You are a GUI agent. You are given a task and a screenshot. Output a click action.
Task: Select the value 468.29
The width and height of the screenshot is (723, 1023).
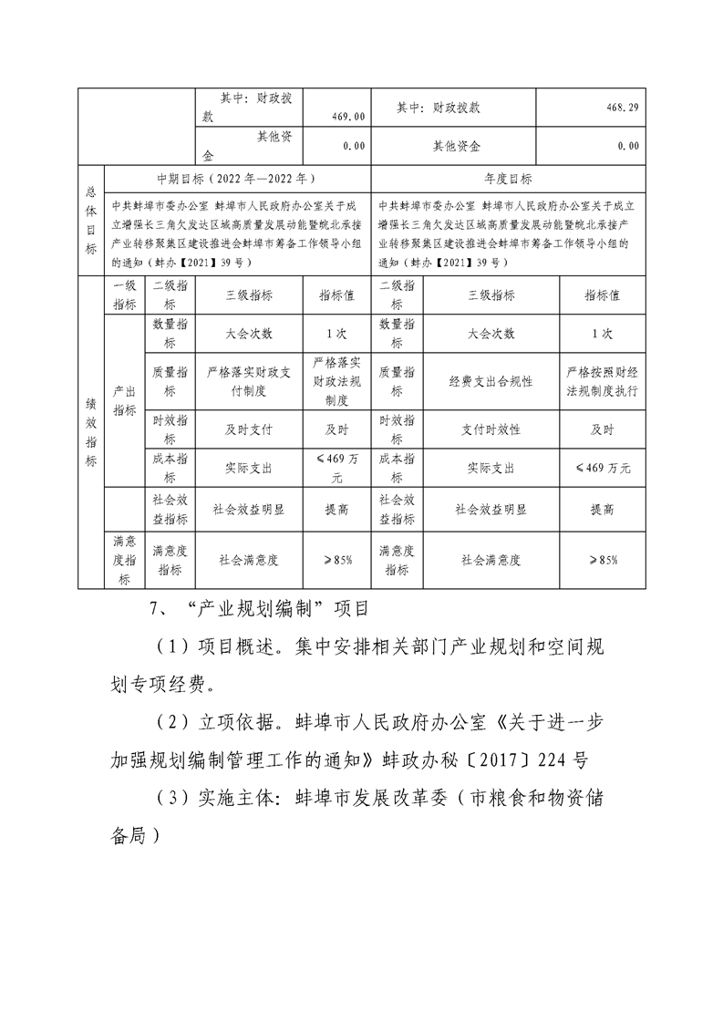[622, 108]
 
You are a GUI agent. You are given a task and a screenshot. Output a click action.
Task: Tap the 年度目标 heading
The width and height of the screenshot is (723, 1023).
[509, 179]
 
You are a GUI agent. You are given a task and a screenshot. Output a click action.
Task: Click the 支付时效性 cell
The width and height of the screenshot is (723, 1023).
[491, 429]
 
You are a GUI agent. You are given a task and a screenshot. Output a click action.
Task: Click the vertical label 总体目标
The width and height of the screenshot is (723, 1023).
[90, 220]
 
